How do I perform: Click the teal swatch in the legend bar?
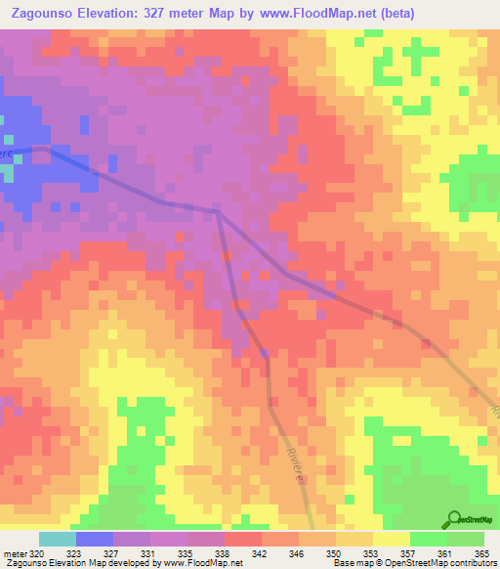point(57,539)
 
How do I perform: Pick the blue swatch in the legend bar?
point(94,539)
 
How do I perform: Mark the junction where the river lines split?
point(217,210)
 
